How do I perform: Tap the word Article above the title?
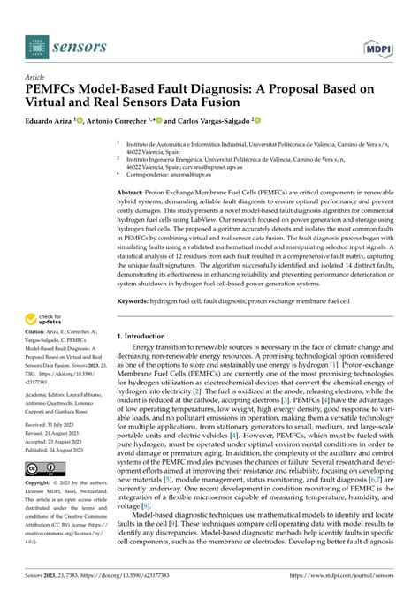[36, 77]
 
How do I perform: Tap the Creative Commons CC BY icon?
[42, 467]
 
